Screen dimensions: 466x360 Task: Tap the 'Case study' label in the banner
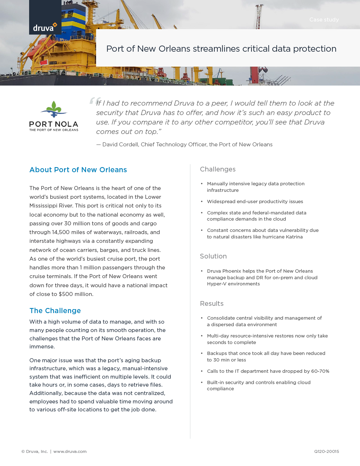click(x=324, y=20)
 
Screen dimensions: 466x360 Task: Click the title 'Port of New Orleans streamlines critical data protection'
click(x=221, y=49)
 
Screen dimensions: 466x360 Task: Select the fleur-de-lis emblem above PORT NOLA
click(x=54, y=109)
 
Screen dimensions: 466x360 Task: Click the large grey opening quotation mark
click(x=94, y=101)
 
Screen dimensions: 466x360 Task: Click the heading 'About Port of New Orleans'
click(x=78, y=170)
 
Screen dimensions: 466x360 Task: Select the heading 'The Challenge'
click(x=55, y=311)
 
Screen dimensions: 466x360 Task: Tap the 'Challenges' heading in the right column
click(x=218, y=169)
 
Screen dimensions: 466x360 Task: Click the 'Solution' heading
click(x=213, y=256)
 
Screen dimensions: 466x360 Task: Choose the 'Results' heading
click(x=211, y=304)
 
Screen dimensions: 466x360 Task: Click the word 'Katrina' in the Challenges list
click(x=294, y=237)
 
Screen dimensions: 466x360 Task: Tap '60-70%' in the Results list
click(x=320, y=371)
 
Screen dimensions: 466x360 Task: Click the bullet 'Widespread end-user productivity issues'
click(x=255, y=202)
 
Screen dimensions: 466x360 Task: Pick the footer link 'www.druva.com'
click(x=70, y=451)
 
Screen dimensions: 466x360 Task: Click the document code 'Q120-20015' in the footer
click(x=327, y=451)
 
